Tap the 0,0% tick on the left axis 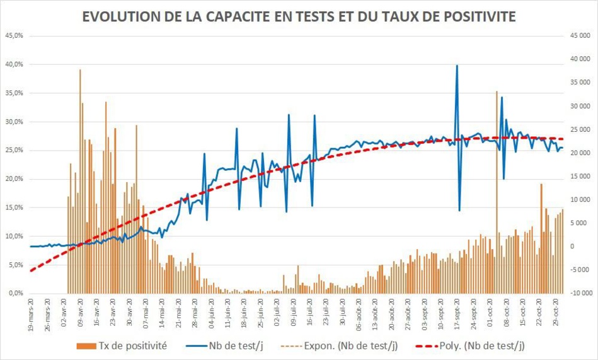pyautogui.click(x=15, y=294)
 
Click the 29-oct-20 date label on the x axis pyautogui.click(x=556, y=311)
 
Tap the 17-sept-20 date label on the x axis pyautogui.click(x=457, y=311)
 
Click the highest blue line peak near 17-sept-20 pyautogui.click(x=457, y=66)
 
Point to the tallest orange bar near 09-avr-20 pyautogui.click(x=80, y=71)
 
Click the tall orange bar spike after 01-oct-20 pyautogui.click(x=497, y=93)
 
